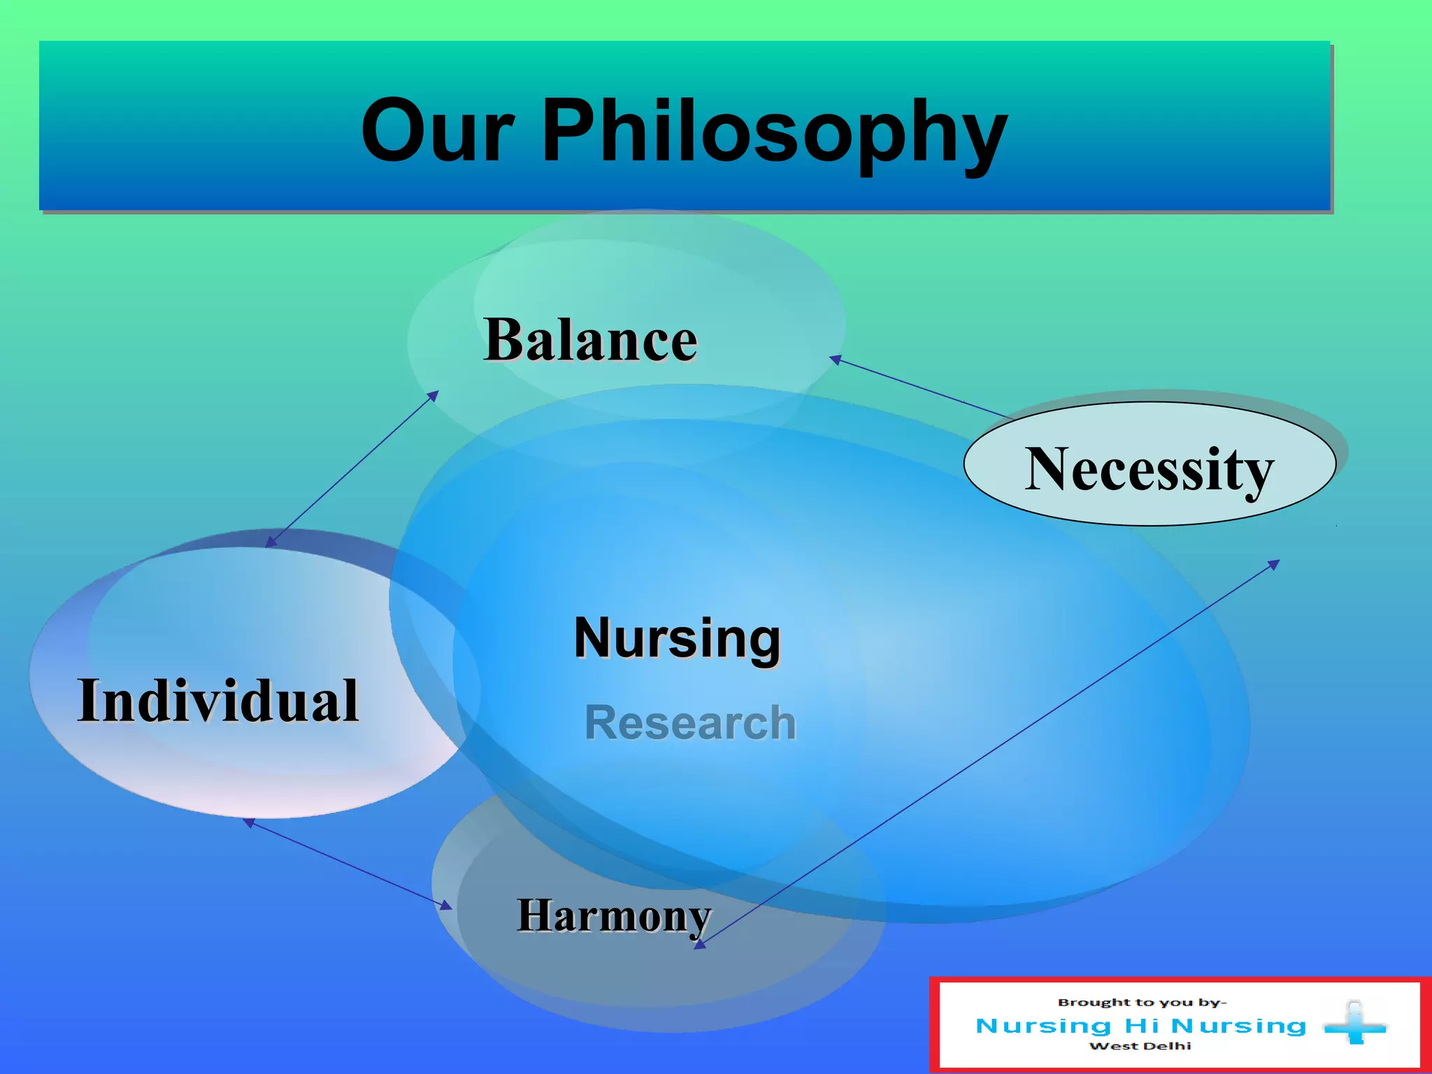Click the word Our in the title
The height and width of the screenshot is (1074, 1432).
coord(438,130)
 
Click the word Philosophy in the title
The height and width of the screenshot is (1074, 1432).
coord(775,136)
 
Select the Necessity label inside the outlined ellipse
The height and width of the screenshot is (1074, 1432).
coord(1150,471)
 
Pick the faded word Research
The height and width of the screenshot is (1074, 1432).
coord(691,722)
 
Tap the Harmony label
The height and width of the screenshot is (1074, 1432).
coord(614,917)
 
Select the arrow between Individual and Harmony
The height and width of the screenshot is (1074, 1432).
coord(348,864)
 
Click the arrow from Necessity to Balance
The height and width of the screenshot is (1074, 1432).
coord(920,387)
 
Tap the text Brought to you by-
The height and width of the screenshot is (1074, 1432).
coord(1142,1002)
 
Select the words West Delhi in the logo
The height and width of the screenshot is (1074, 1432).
coord(1140,1046)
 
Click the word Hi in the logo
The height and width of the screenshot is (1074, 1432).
coord(1143,1026)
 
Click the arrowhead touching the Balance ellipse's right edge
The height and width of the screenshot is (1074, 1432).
coord(835,359)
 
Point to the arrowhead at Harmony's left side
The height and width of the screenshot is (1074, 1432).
coord(446,906)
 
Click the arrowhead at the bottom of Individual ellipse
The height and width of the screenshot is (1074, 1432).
coord(248,822)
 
